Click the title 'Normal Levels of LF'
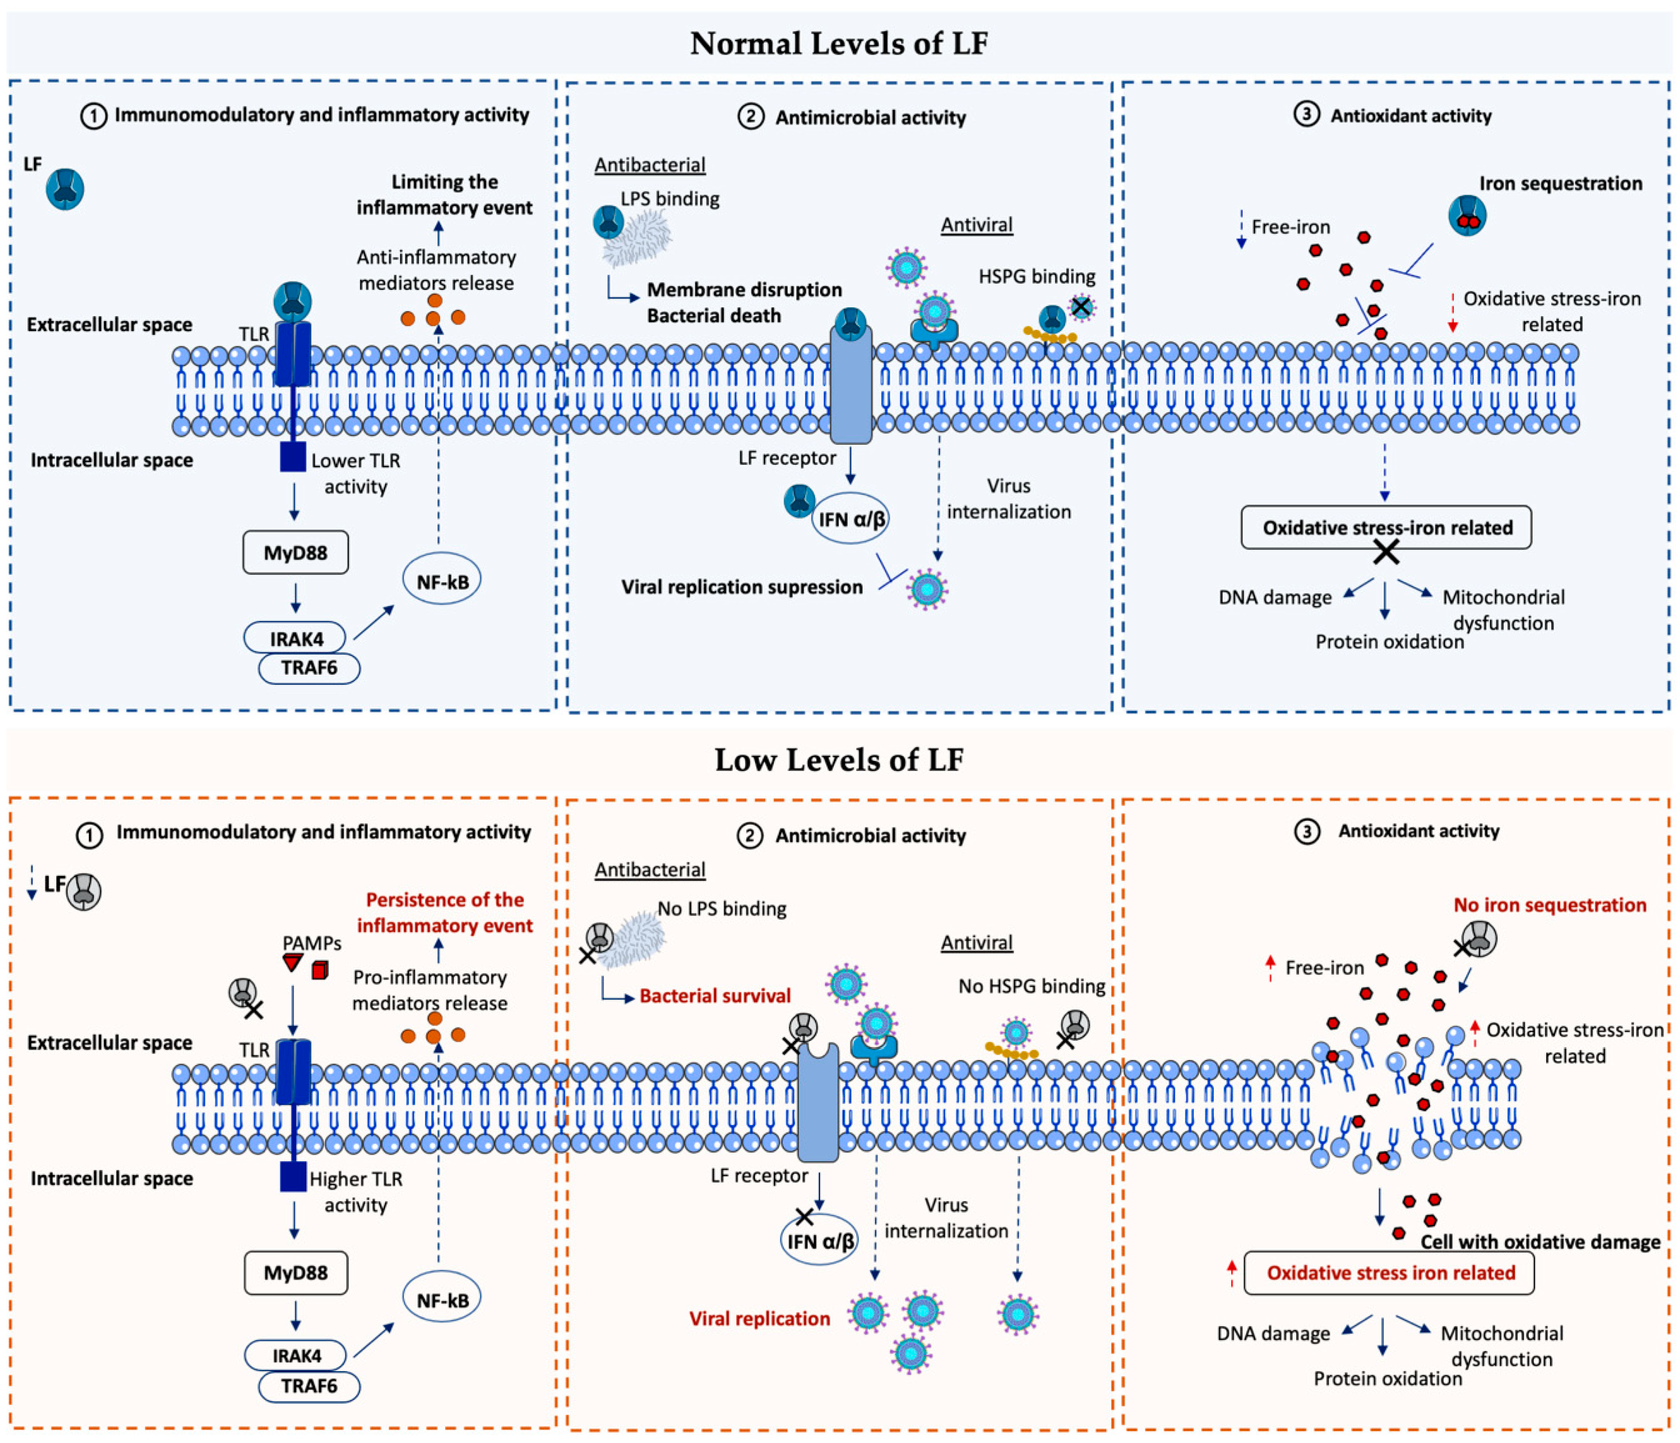click(839, 43)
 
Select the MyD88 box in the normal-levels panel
click(296, 552)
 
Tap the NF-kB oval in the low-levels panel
click(442, 1300)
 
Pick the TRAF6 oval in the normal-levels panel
click(309, 667)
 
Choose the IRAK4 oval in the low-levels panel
click(296, 1356)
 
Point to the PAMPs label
click(311, 943)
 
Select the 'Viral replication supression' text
click(742, 587)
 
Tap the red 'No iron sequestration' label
click(1550, 905)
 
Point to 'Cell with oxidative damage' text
click(1540, 1242)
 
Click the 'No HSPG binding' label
click(1031, 986)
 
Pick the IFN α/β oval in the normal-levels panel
click(851, 518)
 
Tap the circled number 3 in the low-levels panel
click(1306, 831)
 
